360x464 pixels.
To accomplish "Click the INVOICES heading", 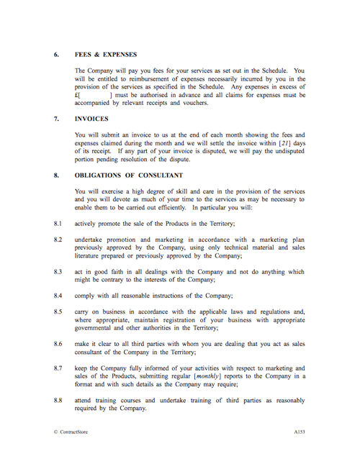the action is coord(91,119).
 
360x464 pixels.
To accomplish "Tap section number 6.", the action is coord(56,55).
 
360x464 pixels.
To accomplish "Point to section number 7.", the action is coord(56,119).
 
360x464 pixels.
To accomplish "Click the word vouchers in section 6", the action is coord(192,102).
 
